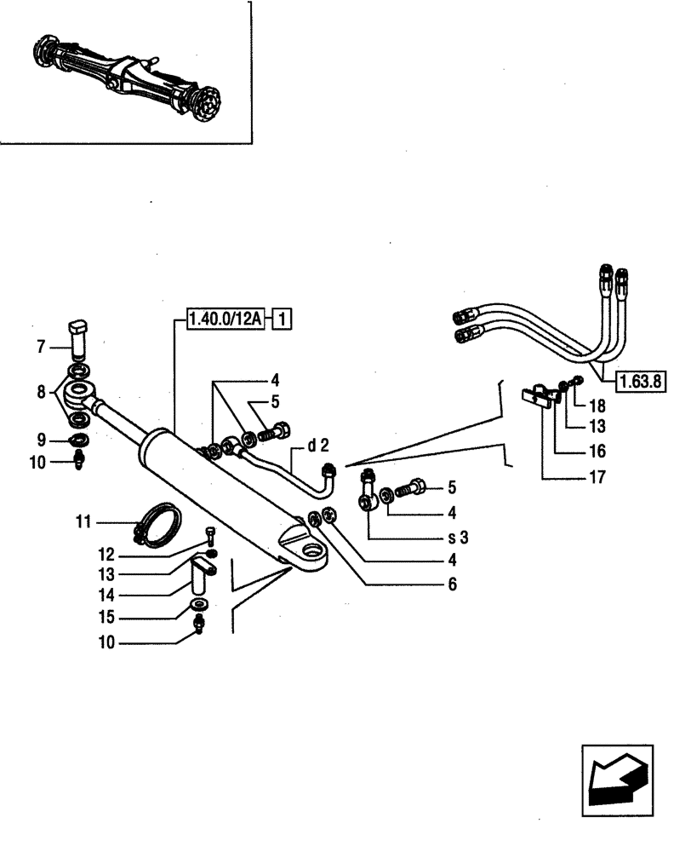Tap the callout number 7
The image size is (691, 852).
click(40, 347)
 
